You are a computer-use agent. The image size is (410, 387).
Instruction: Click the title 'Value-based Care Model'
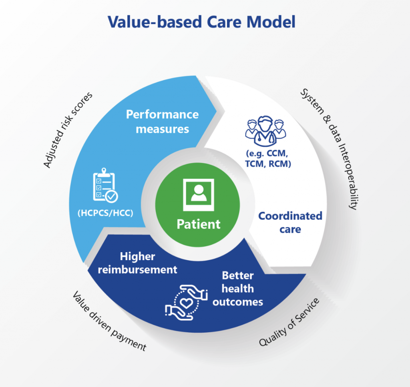click(x=202, y=22)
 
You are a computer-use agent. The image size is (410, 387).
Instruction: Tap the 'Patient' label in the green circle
click(x=199, y=224)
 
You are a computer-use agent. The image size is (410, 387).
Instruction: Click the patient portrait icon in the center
click(x=199, y=195)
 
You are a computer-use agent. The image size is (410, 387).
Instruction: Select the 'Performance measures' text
click(x=163, y=122)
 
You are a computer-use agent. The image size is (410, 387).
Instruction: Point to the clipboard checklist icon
click(x=105, y=185)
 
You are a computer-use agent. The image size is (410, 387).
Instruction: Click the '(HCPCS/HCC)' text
click(x=105, y=213)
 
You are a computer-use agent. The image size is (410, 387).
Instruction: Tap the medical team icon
click(x=265, y=131)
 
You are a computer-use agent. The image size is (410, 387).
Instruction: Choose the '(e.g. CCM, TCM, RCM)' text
click(x=268, y=158)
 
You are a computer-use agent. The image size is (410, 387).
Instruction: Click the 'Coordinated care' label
click(x=290, y=223)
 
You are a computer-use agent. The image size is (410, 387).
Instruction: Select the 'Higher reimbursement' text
click(x=138, y=263)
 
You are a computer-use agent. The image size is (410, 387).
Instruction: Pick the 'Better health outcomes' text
click(x=238, y=289)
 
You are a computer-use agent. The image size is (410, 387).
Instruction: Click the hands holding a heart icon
click(x=187, y=303)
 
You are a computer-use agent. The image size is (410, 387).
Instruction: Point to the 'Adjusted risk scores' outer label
click(x=67, y=130)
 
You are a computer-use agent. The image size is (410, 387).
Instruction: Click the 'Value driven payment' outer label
click(x=109, y=321)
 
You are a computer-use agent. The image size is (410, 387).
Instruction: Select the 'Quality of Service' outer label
click(x=289, y=322)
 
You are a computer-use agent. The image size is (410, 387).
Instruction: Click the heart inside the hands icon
click(x=187, y=303)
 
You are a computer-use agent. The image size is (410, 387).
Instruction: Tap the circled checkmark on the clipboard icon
click(x=112, y=196)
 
